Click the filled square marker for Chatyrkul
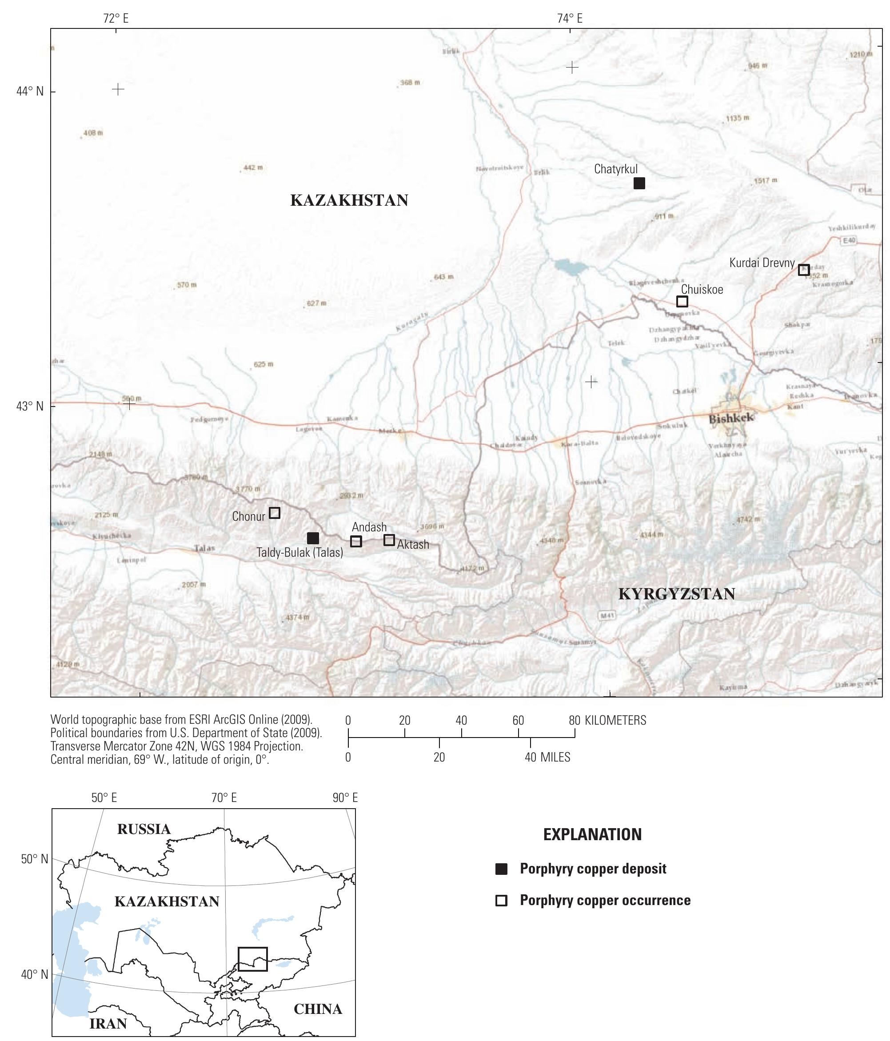pyautogui.click(x=639, y=183)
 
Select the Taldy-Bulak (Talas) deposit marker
pyautogui.click(x=312, y=538)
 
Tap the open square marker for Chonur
pyautogui.click(x=275, y=513)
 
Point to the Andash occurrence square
pyautogui.click(x=356, y=541)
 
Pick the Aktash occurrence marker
pyautogui.click(x=389, y=540)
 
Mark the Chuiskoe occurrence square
pyautogui.click(x=682, y=301)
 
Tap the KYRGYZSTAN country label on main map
pyautogui.click(x=676, y=594)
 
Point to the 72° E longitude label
pyautogui.click(x=116, y=19)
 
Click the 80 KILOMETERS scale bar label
pyautogui.click(x=608, y=721)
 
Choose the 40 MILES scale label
pyautogui.click(x=548, y=757)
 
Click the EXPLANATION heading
pyautogui.click(x=592, y=834)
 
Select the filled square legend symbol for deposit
pyautogui.click(x=501, y=869)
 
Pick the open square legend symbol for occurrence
pyautogui.click(x=501, y=900)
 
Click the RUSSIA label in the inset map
pyautogui.click(x=144, y=829)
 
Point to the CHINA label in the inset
pyautogui.click(x=318, y=1009)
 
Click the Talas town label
pyautogui.click(x=204, y=549)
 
